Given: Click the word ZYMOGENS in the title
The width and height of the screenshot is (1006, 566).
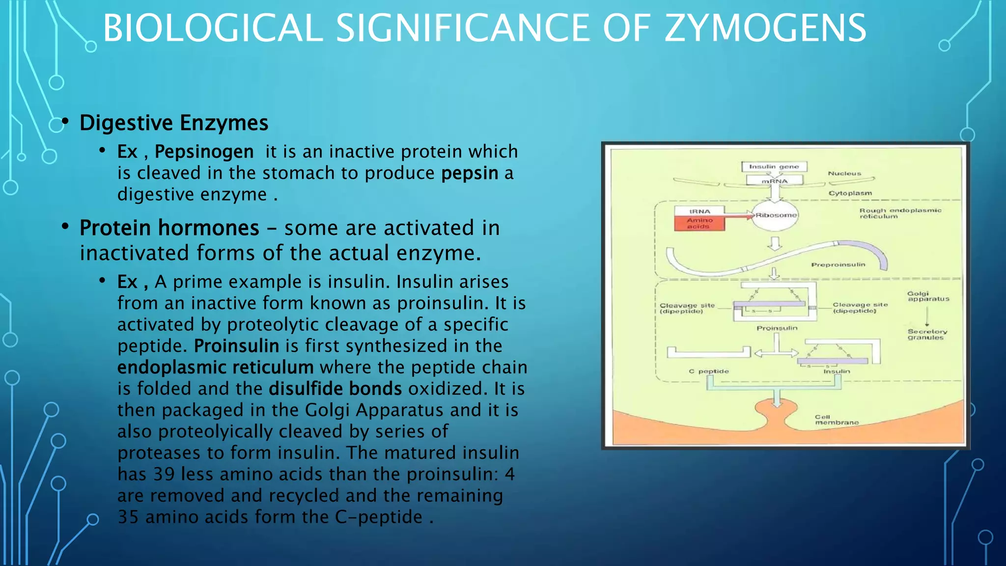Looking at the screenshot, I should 765,28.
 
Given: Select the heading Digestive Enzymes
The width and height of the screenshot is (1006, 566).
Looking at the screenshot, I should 174,123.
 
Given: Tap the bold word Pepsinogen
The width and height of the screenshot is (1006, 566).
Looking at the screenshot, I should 204,151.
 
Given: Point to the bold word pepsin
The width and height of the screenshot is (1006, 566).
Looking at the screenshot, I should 470,173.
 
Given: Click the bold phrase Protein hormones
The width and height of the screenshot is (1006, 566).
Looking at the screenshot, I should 169,228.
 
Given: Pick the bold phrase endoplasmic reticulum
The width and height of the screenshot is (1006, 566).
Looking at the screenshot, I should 215,367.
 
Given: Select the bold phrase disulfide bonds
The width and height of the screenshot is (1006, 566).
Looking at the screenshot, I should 335,389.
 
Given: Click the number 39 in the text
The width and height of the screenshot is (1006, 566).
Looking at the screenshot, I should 164,474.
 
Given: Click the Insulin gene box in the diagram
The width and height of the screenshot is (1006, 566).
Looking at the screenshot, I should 774,167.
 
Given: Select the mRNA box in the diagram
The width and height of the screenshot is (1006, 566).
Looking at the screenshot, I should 775,181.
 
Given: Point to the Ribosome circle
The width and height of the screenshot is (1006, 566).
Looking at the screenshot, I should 776,215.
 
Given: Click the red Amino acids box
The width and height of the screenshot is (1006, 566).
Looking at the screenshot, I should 699,224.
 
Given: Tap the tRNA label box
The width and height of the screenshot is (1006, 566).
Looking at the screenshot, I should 699,211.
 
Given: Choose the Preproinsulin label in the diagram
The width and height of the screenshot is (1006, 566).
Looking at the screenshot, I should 838,265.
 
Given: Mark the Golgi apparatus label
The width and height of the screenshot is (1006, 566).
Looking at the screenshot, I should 928,296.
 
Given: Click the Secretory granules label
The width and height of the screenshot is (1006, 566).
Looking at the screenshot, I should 927,335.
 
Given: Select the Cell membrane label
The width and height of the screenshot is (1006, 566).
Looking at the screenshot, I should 837,420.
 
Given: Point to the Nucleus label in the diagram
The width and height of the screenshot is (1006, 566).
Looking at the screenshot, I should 844,173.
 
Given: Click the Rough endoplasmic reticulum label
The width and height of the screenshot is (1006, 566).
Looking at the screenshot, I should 900,213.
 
